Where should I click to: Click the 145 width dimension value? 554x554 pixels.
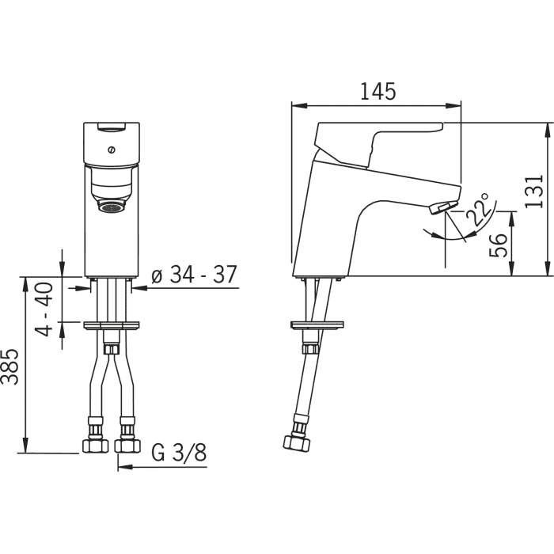378,92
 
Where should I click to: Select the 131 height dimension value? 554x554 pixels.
533,192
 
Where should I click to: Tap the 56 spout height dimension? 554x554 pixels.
498,245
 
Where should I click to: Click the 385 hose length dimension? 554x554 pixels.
9,366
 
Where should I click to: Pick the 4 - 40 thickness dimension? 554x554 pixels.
44,309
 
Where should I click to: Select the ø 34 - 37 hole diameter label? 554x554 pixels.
194,274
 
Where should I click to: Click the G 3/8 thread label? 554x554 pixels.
179,452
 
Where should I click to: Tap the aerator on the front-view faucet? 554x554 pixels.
112,207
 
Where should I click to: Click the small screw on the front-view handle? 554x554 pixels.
112,150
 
